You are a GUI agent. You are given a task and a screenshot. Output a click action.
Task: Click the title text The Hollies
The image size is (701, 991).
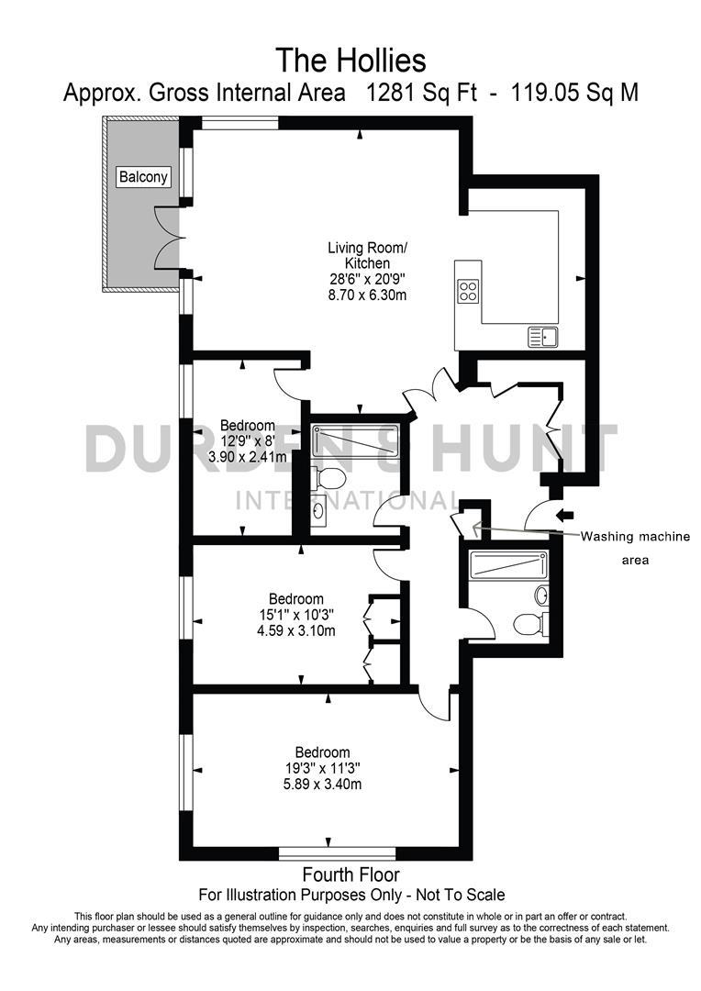(x=351, y=61)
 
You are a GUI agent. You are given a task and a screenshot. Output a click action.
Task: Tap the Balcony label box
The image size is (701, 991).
(x=144, y=177)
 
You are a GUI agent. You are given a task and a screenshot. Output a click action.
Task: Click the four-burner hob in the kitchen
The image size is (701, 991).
(x=468, y=291)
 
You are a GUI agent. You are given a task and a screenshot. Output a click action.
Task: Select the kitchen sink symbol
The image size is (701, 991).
(x=542, y=337)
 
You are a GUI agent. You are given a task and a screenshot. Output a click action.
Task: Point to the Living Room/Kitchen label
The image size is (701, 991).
(x=367, y=255)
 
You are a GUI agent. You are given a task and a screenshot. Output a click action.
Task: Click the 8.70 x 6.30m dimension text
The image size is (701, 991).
(x=367, y=295)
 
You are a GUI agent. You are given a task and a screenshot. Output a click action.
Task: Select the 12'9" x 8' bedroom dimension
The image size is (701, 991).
(x=247, y=440)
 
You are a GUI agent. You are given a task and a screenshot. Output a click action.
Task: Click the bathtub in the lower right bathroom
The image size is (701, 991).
(x=507, y=564)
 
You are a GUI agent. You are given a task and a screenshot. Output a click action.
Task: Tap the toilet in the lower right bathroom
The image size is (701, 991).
(x=528, y=624)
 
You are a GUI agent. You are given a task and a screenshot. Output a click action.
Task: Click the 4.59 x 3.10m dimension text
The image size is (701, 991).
(x=295, y=631)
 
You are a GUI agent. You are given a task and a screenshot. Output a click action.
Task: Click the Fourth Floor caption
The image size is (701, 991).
(x=351, y=874)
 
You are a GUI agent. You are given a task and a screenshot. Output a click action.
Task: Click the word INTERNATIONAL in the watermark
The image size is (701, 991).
(x=349, y=501)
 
